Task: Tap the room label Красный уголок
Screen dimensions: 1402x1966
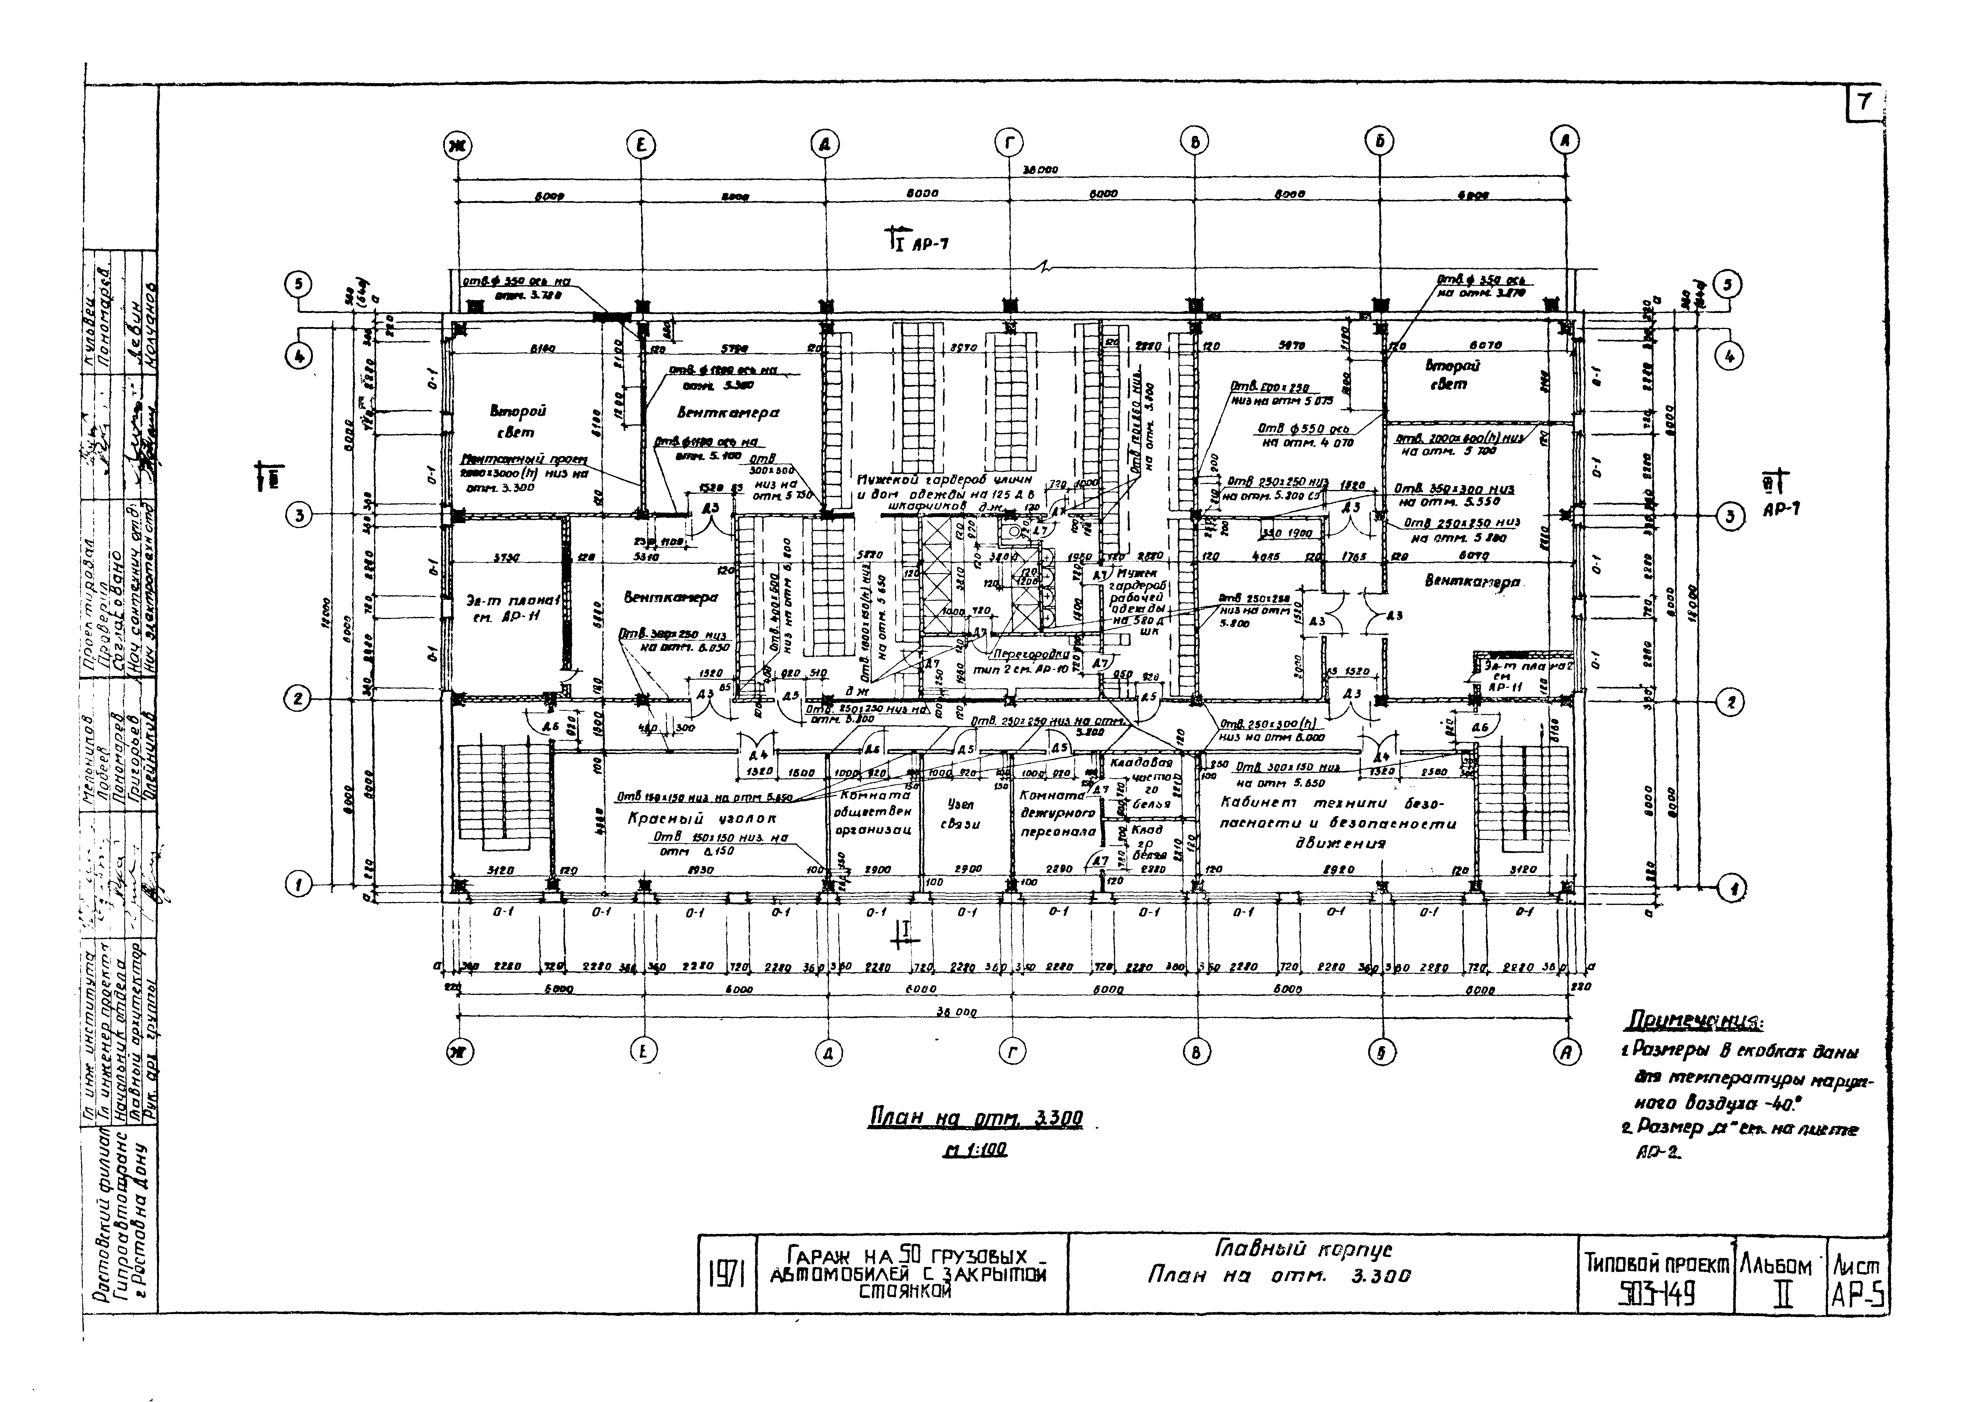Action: pyautogui.click(x=702, y=818)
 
